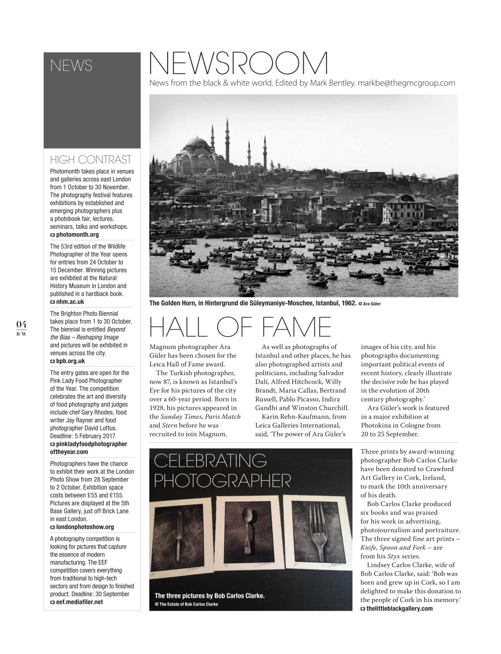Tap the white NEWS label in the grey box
71,66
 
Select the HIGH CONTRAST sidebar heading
90,159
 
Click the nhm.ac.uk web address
70,302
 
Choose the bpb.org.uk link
71,361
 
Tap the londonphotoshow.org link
85,527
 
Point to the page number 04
21,324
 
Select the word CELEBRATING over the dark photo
210,461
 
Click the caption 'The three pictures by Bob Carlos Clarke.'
210,596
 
